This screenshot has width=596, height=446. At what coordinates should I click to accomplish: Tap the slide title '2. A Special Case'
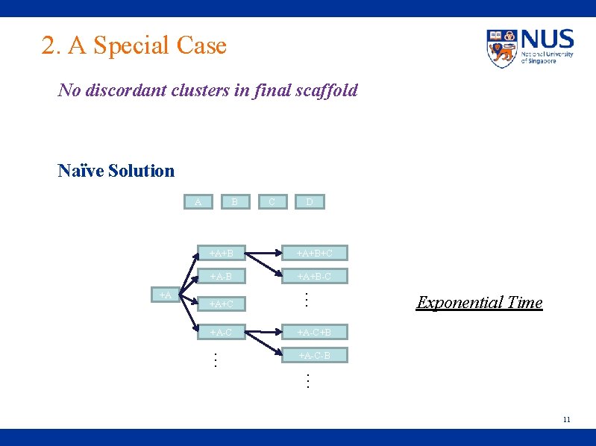[x=134, y=45]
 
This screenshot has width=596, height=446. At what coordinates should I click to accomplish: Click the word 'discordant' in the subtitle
[x=123, y=91]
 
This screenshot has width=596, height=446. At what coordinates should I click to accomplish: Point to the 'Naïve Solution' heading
[x=116, y=171]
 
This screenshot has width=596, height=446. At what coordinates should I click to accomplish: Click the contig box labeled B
[x=234, y=201]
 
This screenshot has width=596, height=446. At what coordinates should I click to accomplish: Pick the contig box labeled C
[x=272, y=201]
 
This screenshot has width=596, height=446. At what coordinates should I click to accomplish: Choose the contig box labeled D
[x=309, y=201]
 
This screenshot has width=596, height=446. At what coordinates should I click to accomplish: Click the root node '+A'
[x=165, y=295]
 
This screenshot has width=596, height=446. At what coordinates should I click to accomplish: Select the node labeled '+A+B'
[x=222, y=254]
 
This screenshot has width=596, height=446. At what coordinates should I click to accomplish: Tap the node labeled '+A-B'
[x=222, y=277]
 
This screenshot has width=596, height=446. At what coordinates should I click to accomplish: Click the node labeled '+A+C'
[x=222, y=304]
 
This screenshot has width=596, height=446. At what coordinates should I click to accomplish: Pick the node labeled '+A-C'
[x=222, y=332]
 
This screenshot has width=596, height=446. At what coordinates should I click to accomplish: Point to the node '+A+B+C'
[x=315, y=254]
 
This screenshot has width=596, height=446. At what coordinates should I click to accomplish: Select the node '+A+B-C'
[x=315, y=277]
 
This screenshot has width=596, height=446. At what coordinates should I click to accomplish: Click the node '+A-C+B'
[x=315, y=332]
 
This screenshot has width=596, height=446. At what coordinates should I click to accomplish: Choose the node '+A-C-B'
[x=315, y=355]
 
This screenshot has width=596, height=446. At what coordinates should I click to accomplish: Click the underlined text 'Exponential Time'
[x=480, y=302]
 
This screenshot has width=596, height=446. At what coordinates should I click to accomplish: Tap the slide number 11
[x=566, y=419]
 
